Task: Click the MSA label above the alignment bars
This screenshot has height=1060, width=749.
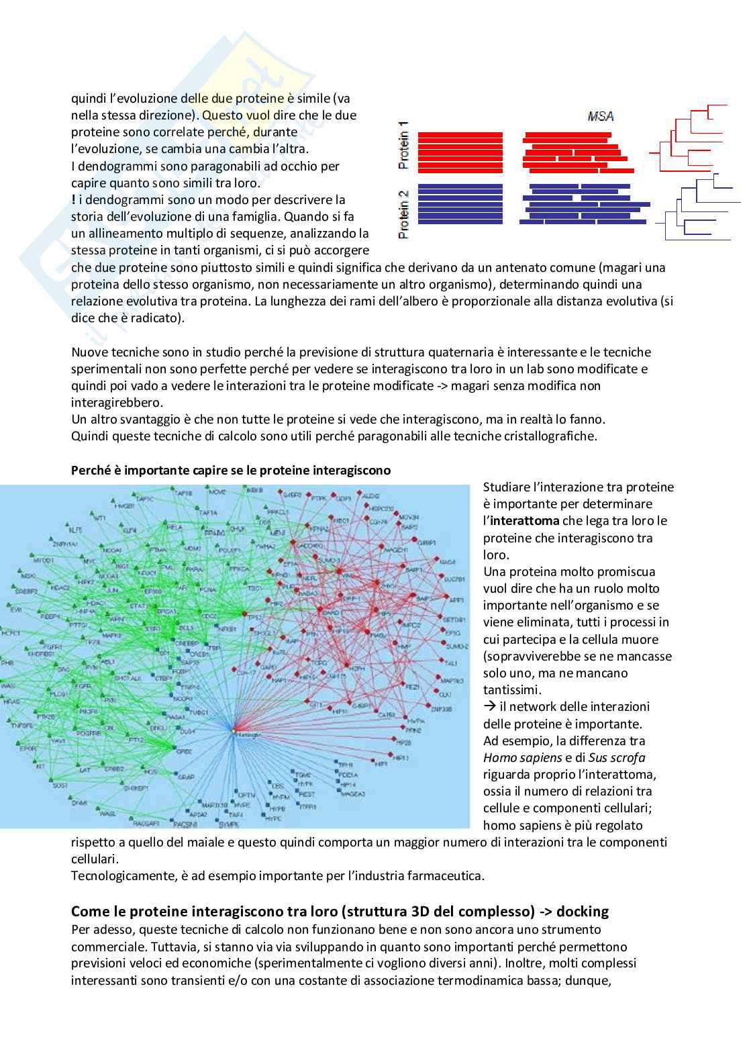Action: pyautogui.click(x=600, y=117)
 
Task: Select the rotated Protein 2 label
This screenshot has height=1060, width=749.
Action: pyautogui.click(x=403, y=214)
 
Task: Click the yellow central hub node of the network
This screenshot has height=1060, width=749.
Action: pyautogui.click(x=234, y=730)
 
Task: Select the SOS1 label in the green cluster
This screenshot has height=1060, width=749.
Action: pyautogui.click(x=60, y=784)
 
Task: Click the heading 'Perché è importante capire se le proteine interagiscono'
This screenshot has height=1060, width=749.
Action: pyautogui.click(x=231, y=471)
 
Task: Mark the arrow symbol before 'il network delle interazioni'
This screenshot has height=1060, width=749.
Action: pyautogui.click(x=489, y=707)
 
